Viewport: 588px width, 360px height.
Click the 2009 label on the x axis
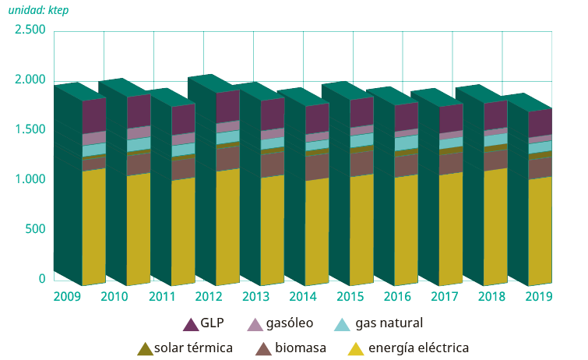coord(68,296)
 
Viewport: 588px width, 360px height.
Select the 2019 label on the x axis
coord(539,296)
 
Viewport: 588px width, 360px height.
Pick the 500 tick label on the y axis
coord(34,229)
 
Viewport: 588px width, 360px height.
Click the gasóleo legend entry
coord(285,323)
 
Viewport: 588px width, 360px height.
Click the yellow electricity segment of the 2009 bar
coord(93,226)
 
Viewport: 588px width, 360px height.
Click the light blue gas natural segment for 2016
coord(407,143)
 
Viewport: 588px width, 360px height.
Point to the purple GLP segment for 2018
coord(496,115)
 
